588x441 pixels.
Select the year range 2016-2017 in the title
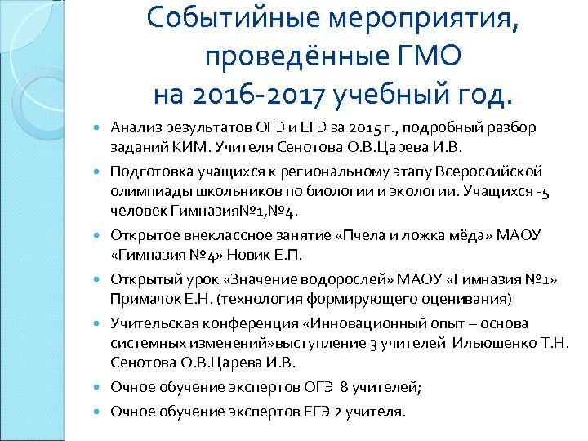pos(257,93)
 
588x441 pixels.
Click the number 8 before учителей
pos(344,388)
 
